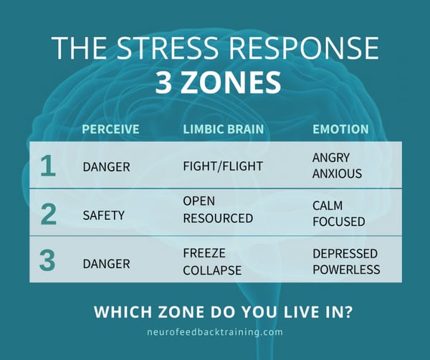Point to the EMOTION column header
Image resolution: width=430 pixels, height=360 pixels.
pyautogui.click(x=340, y=130)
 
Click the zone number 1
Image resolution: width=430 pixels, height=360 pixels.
pyautogui.click(x=47, y=166)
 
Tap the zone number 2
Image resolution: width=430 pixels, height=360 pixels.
pyautogui.click(x=47, y=214)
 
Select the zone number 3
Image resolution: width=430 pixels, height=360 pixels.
pyautogui.click(x=47, y=260)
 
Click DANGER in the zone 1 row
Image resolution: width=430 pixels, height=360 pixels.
pyautogui.click(x=106, y=167)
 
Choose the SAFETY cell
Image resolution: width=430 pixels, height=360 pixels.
pyautogui.click(x=104, y=214)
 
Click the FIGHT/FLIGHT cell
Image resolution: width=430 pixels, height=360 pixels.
pyautogui.click(x=223, y=167)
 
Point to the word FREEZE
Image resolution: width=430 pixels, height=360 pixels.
pyautogui.click(x=204, y=254)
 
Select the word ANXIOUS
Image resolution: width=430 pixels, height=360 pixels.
pyautogui.click(x=337, y=174)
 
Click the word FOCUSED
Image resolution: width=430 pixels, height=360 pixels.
pyautogui.click(x=338, y=222)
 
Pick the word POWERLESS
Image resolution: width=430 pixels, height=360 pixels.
pyautogui.click(x=345, y=270)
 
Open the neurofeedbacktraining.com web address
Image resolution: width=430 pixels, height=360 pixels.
pyautogui.click(x=214, y=332)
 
